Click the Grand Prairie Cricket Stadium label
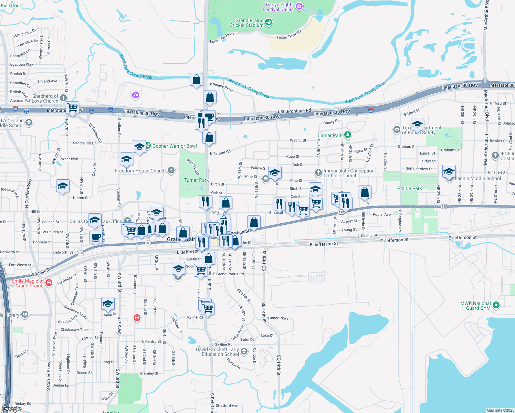click(246, 23)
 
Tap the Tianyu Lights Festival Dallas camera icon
click(299, 6)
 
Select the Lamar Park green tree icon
click(348, 135)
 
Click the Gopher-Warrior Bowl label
click(175, 146)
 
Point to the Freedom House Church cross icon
click(171, 170)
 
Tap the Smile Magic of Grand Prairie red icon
click(49, 283)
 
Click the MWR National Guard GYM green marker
click(496, 305)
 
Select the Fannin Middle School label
click(478, 178)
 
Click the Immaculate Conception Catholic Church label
click(349, 173)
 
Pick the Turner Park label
click(196, 180)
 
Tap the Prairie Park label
click(409, 188)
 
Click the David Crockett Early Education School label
click(217, 352)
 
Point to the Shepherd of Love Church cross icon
click(63, 98)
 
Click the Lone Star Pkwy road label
click(222, 38)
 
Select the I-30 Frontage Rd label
click(294, 111)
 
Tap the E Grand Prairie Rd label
click(228, 274)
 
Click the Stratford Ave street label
click(227, 405)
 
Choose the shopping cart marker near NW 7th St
click(72, 107)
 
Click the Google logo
click(11, 409)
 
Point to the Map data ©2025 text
click(500, 410)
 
